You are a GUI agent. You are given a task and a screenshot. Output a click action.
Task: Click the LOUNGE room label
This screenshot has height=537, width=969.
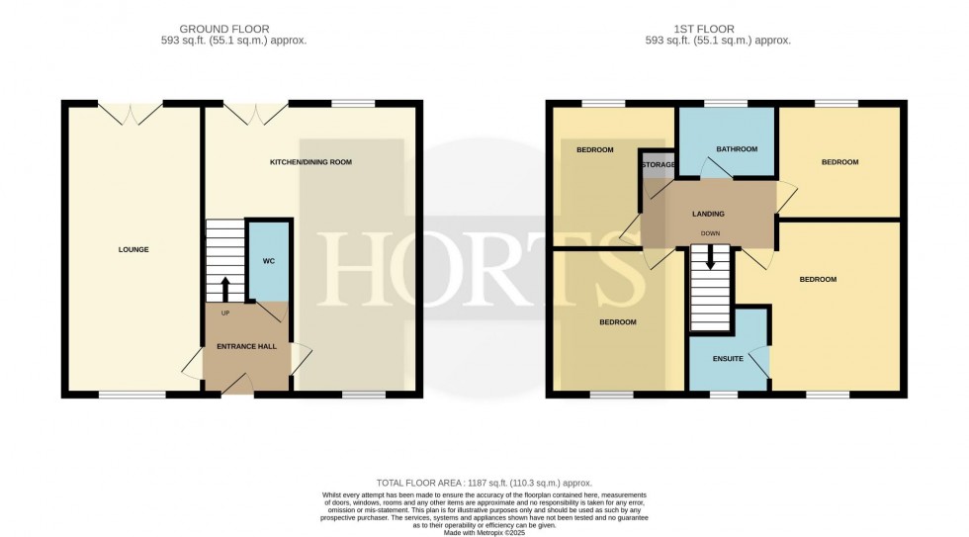point(133,249)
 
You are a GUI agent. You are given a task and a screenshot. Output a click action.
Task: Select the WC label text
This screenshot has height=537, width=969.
point(268,261)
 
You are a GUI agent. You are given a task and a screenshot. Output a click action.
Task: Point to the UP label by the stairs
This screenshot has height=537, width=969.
point(224,313)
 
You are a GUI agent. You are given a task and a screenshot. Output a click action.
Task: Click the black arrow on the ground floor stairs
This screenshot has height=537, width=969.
point(224,289)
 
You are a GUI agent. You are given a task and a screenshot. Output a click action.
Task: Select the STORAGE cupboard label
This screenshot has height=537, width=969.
point(659,164)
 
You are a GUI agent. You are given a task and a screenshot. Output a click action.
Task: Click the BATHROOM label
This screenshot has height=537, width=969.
point(737,149)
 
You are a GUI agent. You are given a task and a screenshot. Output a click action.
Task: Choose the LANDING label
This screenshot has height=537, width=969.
point(708,214)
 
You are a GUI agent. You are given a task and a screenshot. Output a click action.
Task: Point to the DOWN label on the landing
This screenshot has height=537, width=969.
point(710,234)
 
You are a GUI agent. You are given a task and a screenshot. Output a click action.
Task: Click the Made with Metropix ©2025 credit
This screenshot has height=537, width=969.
point(484,530)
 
